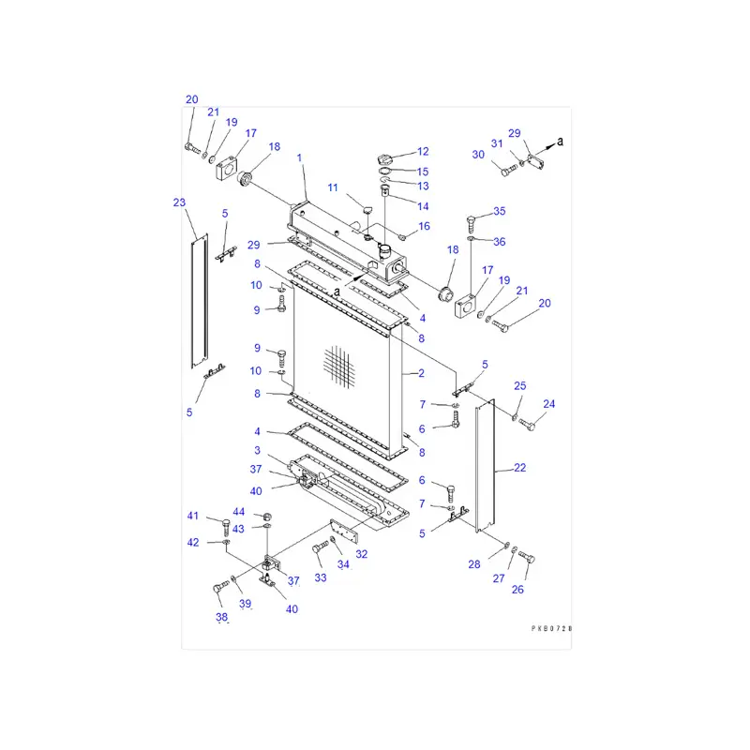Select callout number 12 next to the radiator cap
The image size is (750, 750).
tap(423, 151)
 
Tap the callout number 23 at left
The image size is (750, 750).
tap(179, 202)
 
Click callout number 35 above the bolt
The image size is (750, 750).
tap(499, 211)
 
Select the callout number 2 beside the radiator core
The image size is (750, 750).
tap(421, 373)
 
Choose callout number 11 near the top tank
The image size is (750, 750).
tap(333, 188)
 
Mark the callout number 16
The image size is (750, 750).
tap(424, 226)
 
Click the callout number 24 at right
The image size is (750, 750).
tap(549, 404)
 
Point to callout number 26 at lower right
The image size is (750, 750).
tap(518, 589)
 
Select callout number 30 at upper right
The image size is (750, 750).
tap(478, 155)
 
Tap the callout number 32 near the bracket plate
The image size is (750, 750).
tap(361, 554)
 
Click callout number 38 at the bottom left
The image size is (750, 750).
tap(221, 617)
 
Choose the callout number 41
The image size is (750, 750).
tap(193, 517)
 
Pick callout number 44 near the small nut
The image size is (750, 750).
tap(239, 512)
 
